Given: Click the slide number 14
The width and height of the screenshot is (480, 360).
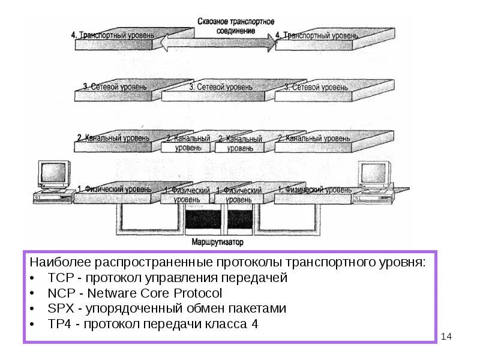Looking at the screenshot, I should [446, 337].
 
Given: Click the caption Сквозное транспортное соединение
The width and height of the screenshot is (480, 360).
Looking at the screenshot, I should [236, 25].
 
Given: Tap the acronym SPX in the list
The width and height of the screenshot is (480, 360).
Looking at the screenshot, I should [60, 309].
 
